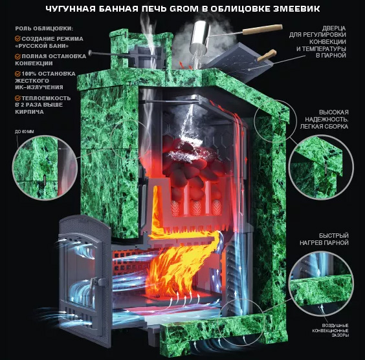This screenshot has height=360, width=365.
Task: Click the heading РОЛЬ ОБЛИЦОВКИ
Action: tap(44, 28)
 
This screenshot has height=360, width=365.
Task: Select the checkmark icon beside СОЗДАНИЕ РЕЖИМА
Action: tap(17, 38)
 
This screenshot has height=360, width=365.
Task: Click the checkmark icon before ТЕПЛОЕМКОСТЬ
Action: tap(17, 98)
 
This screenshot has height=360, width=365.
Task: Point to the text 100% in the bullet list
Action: tap(29, 74)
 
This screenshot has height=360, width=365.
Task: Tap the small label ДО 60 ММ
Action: tap(25, 132)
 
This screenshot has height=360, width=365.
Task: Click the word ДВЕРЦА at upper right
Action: tap(334, 28)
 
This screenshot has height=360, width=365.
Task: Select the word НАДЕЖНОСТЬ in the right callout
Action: tap(327, 120)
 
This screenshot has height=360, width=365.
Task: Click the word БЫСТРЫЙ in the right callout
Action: tap(333, 236)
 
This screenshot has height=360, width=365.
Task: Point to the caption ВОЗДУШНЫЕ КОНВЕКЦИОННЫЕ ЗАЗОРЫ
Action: tap(330, 330)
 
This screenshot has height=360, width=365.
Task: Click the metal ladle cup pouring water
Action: tap(199, 36)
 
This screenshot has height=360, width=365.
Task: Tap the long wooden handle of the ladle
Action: tap(262, 30)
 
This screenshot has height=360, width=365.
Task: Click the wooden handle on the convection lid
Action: tap(267, 56)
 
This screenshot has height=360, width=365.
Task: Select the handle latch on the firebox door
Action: tap(95, 282)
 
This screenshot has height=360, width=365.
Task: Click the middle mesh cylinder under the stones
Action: tap(196, 207)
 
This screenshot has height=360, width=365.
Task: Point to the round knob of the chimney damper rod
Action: tap(91, 53)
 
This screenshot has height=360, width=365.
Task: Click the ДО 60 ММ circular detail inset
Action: tap(45, 167)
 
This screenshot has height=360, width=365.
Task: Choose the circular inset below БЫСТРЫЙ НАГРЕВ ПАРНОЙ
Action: tap(321, 284)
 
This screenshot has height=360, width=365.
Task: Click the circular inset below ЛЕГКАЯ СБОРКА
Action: tap(321, 167)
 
